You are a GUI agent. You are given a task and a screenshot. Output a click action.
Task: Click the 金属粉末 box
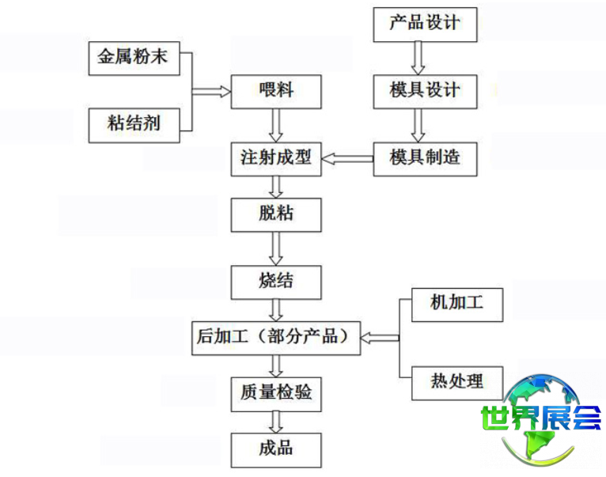(134, 59)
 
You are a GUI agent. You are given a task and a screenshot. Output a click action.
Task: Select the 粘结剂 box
(134, 126)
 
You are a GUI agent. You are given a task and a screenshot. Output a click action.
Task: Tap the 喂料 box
(276, 92)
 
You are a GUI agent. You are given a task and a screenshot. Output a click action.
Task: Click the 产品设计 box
(425, 25)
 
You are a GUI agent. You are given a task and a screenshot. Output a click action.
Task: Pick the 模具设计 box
(425, 92)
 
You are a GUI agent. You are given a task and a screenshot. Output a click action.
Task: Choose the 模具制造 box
(425, 159)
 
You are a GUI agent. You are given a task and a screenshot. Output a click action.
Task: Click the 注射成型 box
(276, 159)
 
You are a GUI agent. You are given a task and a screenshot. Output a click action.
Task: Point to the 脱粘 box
(276, 215)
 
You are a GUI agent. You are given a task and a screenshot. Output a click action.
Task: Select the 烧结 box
(276, 282)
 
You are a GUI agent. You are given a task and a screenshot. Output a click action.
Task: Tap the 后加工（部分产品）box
(276, 339)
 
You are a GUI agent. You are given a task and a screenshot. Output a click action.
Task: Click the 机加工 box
(457, 305)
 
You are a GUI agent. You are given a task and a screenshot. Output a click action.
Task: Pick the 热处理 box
(457, 383)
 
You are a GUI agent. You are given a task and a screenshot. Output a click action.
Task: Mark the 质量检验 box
(276, 394)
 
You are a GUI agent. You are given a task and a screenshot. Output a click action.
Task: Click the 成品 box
(276, 450)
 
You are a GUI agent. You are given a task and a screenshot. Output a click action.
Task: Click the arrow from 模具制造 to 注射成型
(347, 159)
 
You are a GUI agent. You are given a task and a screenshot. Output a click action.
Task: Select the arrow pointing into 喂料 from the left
(211, 92)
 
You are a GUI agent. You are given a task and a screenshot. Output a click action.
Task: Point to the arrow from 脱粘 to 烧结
(276, 248)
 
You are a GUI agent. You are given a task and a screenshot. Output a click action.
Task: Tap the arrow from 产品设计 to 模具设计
(418, 58)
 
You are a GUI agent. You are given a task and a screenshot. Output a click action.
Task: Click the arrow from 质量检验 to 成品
(276, 422)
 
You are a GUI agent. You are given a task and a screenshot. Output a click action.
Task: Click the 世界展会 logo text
(540, 418)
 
